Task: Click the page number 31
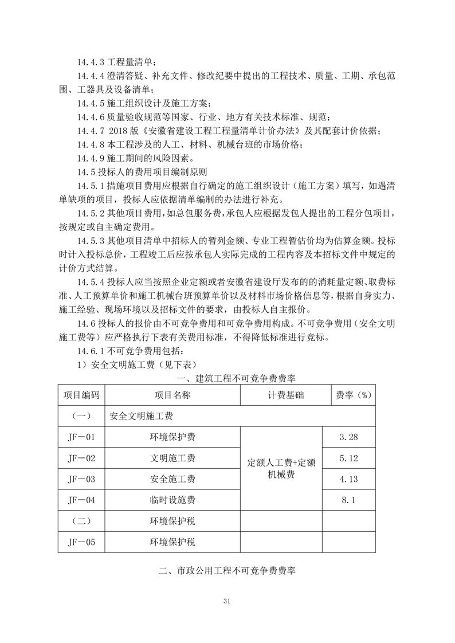[227, 601]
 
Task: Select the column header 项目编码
[81, 395]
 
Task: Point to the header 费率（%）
[348, 395]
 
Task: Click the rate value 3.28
[348, 437]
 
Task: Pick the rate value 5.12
[348, 458]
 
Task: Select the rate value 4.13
[348, 479]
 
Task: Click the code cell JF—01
[81, 437]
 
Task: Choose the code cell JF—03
[81, 479]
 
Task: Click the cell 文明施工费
[172, 458]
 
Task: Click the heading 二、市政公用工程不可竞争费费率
[227, 571]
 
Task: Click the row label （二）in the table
[81, 521]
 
